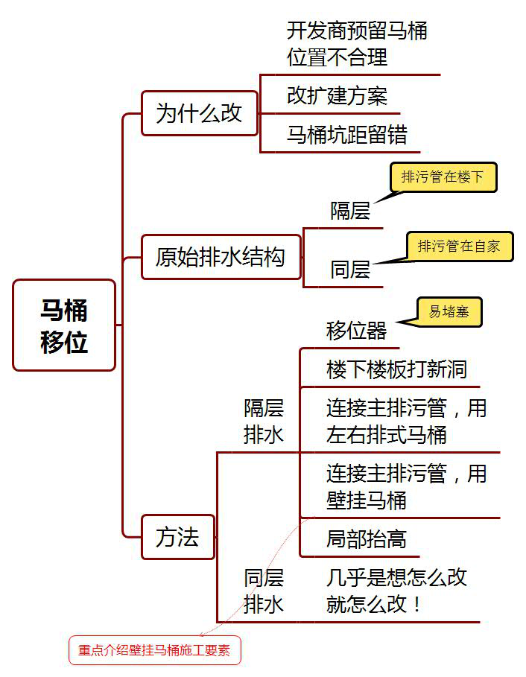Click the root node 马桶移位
click(x=64, y=325)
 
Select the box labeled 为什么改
click(x=200, y=113)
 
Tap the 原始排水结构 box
click(x=221, y=257)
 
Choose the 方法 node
click(x=178, y=536)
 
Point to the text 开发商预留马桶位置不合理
click(x=357, y=44)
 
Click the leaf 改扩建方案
click(x=337, y=95)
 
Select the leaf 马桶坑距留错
click(x=347, y=135)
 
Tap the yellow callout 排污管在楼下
click(x=443, y=177)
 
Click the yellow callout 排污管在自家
click(x=459, y=246)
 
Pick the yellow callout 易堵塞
click(x=449, y=312)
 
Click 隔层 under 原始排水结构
click(x=350, y=211)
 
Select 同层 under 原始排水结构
click(x=350, y=269)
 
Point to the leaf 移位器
click(x=356, y=330)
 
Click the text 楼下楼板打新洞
click(x=396, y=369)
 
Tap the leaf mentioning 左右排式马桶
click(x=406, y=421)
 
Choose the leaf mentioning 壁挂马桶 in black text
click(x=406, y=486)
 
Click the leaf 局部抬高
click(x=366, y=538)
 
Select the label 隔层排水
click(x=264, y=421)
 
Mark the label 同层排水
click(x=264, y=591)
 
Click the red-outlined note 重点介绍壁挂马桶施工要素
click(x=155, y=651)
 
